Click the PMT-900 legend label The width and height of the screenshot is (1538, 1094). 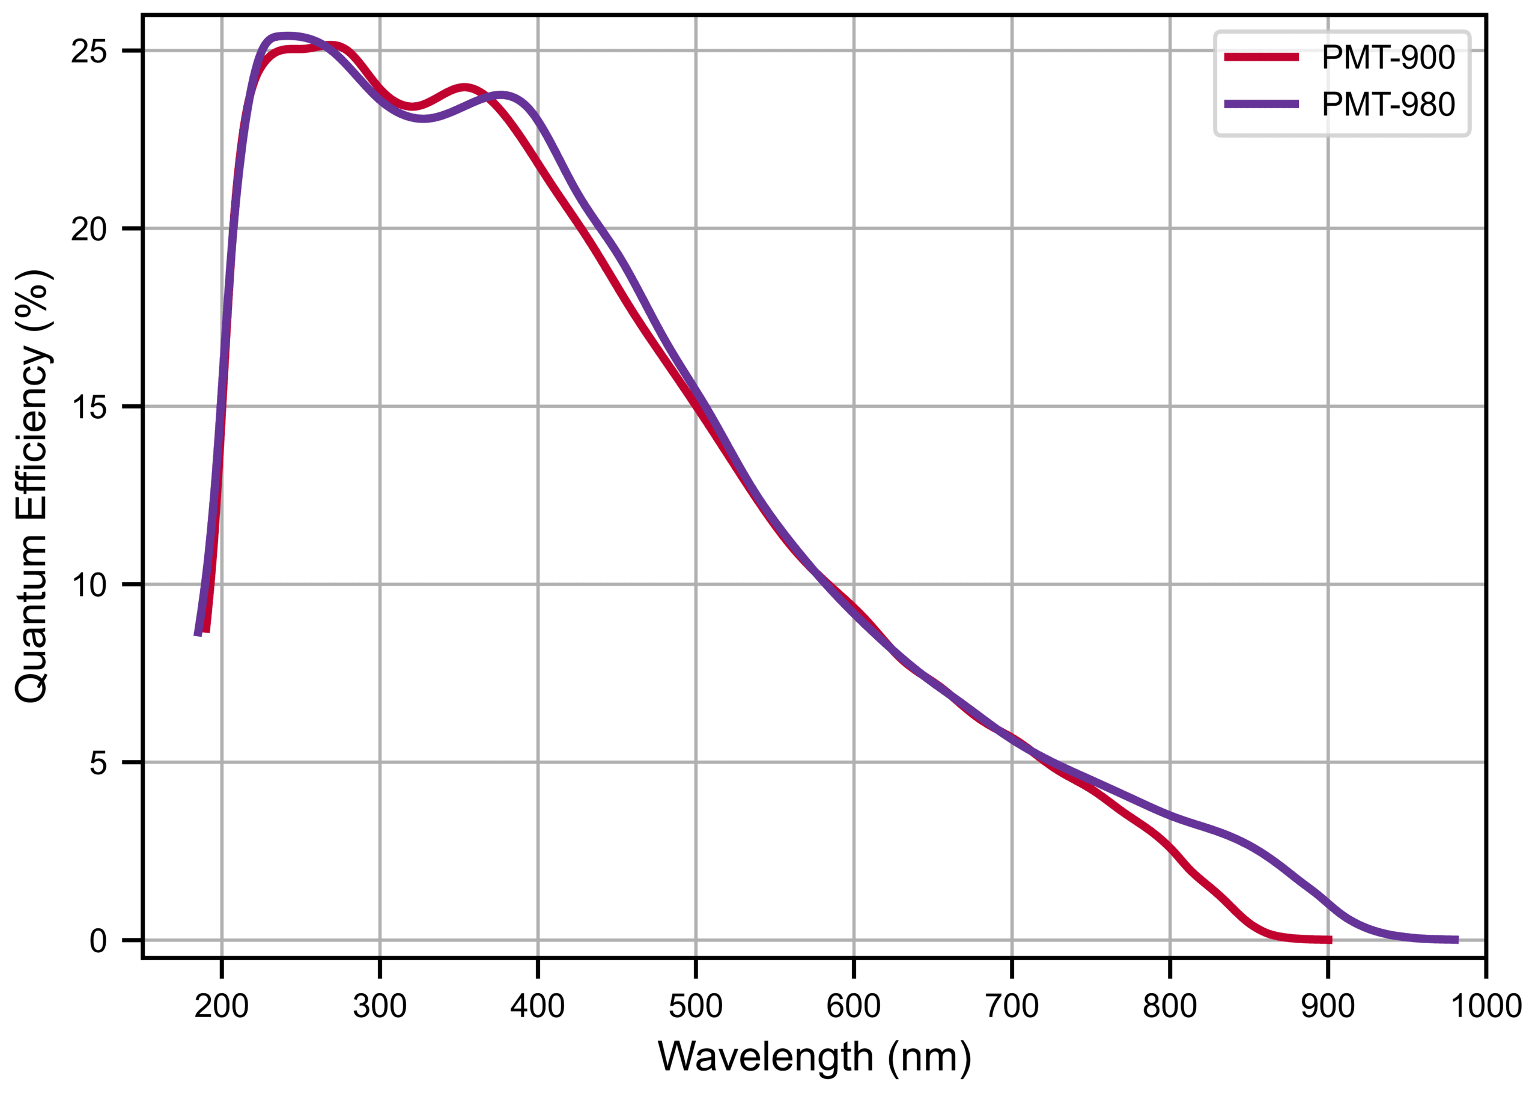point(1388,57)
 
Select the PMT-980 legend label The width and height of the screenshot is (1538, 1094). point(1388,105)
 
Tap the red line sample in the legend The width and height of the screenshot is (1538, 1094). point(1261,57)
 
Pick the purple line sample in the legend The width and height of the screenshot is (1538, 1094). point(1261,104)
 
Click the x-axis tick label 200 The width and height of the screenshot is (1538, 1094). point(222,1006)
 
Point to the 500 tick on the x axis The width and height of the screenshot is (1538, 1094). point(695,1006)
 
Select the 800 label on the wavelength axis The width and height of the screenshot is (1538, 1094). point(1170,1006)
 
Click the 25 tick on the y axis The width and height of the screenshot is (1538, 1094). point(89,51)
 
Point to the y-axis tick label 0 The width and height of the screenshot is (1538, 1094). point(99,941)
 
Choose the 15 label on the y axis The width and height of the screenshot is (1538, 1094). point(89,407)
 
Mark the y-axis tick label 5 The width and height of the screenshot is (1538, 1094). point(99,763)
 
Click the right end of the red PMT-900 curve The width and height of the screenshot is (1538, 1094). point(1330,940)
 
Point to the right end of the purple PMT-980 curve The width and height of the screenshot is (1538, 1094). point(1456,940)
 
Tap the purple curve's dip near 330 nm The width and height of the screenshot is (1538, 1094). point(424,119)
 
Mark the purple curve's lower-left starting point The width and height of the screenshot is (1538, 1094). point(198,634)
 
